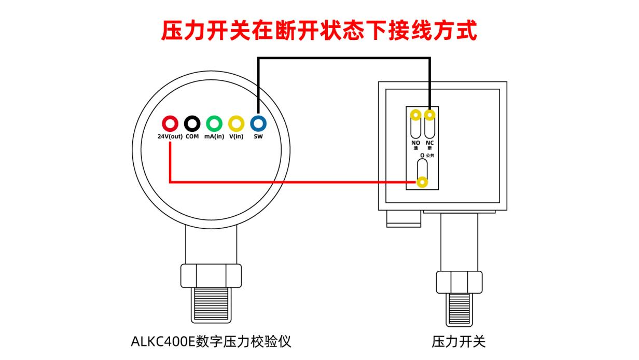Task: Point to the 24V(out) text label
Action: pos(170,136)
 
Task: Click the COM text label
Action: pos(192,136)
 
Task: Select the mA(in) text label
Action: pos(214,136)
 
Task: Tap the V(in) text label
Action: pos(236,136)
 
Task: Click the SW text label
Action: pos(258,136)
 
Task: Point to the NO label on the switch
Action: pos(415,143)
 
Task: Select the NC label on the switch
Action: pos(429,143)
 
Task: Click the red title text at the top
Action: pos(319,30)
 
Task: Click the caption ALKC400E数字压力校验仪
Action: pos(211,341)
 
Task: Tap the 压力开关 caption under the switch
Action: pos(459,341)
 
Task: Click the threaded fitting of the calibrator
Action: pos(211,305)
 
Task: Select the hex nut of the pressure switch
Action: pos(460,282)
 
